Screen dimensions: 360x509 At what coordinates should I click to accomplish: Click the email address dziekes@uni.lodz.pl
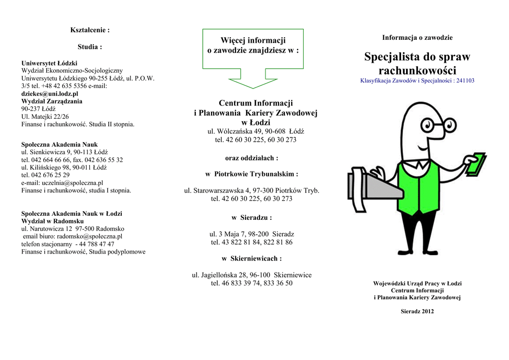coord(49,93)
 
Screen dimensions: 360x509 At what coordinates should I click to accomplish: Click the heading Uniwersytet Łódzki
coord(49,63)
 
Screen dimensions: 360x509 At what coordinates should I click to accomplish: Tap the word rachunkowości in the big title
coord(417,71)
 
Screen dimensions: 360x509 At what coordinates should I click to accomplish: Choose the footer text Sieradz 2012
coord(417,312)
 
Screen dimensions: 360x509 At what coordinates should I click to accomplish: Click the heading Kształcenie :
coord(89,30)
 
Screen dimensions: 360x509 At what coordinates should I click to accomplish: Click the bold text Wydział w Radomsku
coord(52,221)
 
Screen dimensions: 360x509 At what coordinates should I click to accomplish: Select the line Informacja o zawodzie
coord(417,38)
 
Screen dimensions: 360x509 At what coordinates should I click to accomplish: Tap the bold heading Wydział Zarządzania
coord(52,101)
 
